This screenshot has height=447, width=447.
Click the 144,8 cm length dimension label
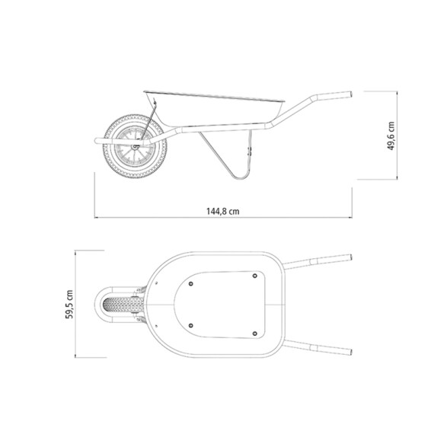pyautogui.click(x=223, y=211)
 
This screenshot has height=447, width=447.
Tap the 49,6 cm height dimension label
pyautogui.click(x=391, y=136)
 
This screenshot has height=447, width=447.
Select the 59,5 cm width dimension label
pyautogui.click(x=69, y=304)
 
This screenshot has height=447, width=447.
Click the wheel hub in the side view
pyautogui.click(x=135, y=146)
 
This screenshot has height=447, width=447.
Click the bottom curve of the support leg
pyautogui.click(x=241, y=177)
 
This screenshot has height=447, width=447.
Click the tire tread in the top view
pyautogui.click(x=119, y=305)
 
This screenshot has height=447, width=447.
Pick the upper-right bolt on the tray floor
pyautogui.click(x=255, y=276)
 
